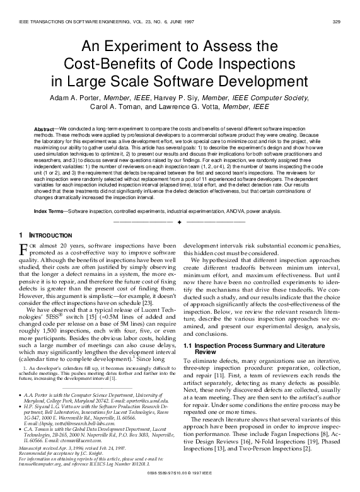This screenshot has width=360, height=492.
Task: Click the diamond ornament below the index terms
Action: click(x=180, y=222)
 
